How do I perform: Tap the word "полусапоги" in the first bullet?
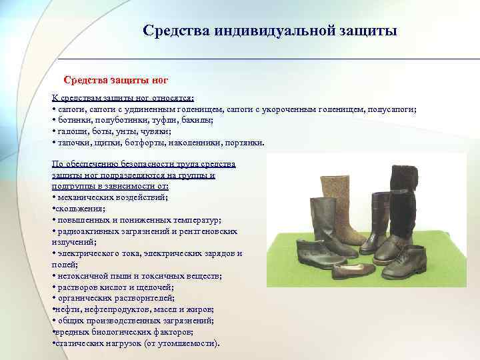pyautogui.click(x=391, y=109)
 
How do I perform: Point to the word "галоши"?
pyautogui.click(x=71, y=132)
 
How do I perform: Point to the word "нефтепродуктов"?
pyautogui.click(x=119, y=309)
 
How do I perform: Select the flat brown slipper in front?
pyautogui.click(x=353, y=271)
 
